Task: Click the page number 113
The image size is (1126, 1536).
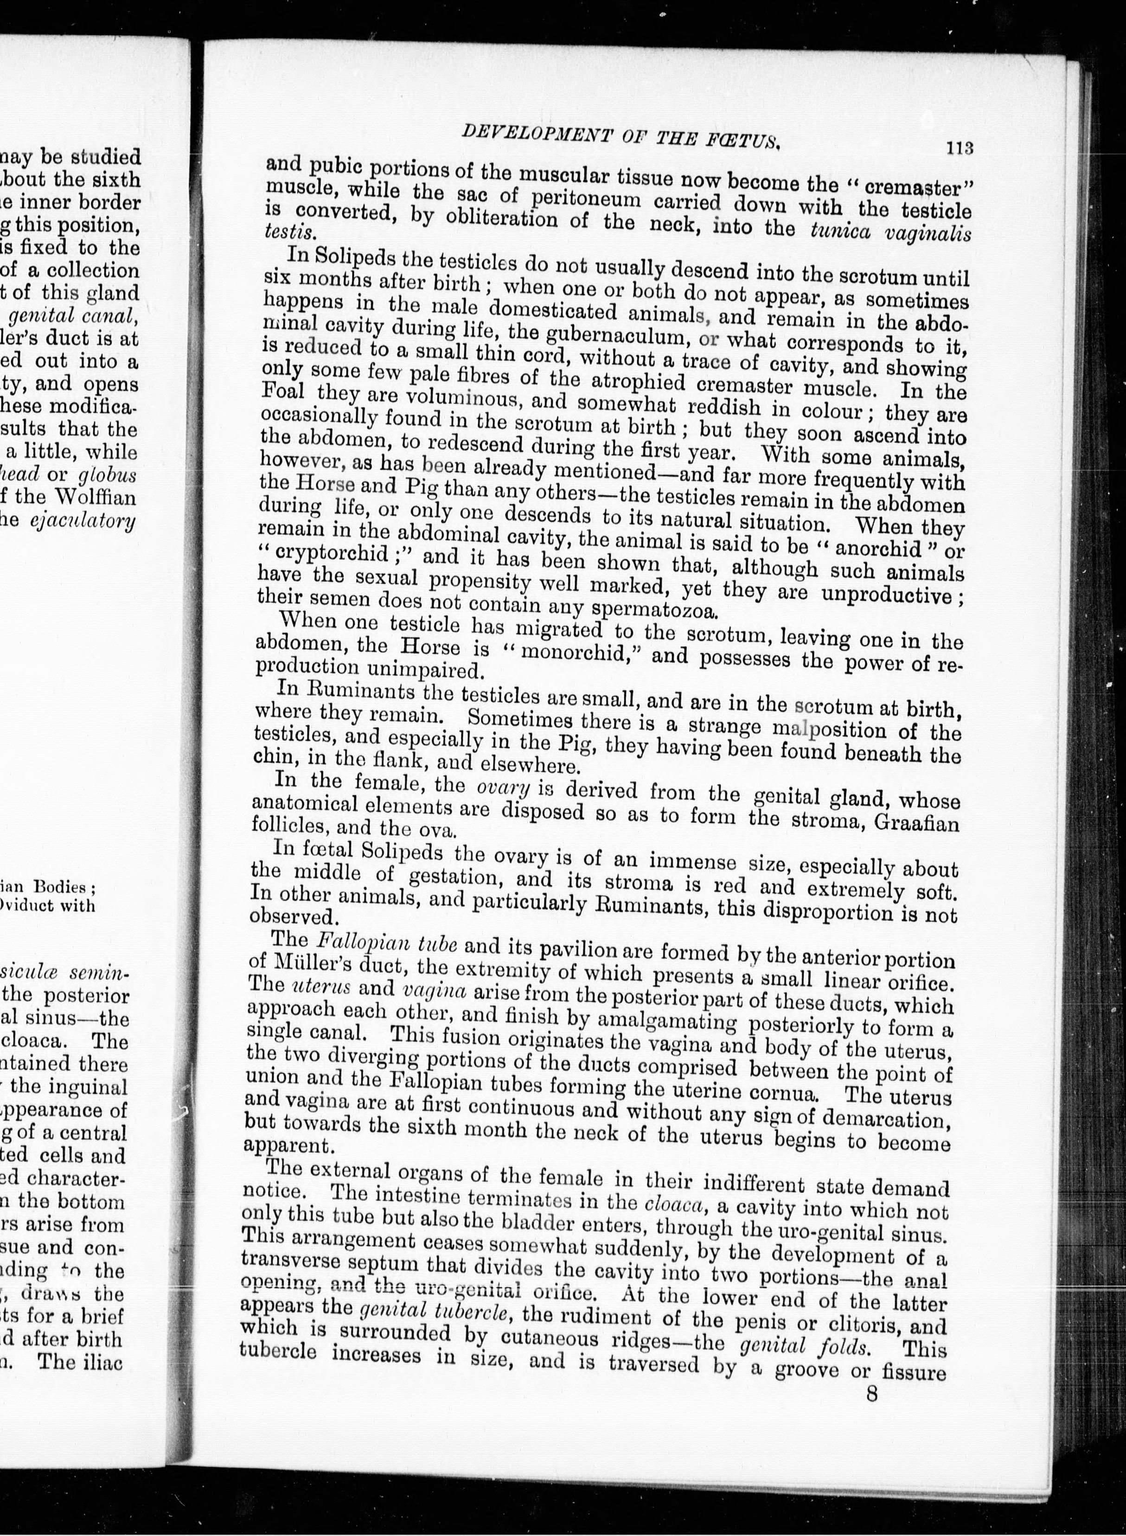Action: coord(958,148)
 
